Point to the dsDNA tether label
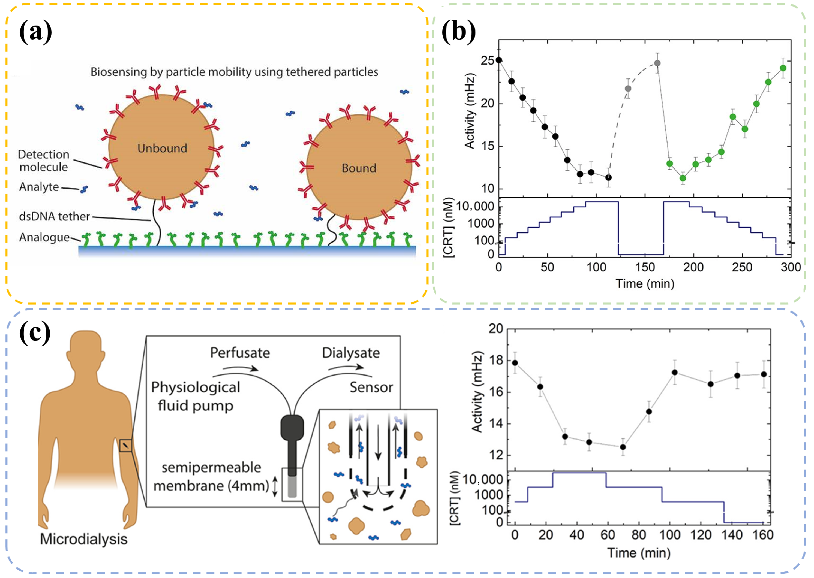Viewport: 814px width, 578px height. pyautogui.click(x=54, y=216)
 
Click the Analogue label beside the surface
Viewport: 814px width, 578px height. pyautogui.click(x=44, y=237)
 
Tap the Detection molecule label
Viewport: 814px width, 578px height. pyautogui.click(x=43, y=161)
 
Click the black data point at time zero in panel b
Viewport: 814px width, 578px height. pyautogui.click(x=499, y=60)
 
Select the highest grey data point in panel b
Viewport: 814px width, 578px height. pyautogui.click(x=657, y=63)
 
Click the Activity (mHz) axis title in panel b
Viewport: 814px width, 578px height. pyautogui.click(x=470, y=111)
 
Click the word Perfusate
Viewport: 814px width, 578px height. pyautogui.click(x=240, y=353)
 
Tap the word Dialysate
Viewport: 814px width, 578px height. pyautogui.click(x=351, y=353)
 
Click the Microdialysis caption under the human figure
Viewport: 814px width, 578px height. pyautogui.click(x=84, y=539)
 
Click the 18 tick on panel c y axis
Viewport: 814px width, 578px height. pyautogui.click(x=496, y=360)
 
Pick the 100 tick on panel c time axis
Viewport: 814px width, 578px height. pyautogui.click(x=670, y=535)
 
